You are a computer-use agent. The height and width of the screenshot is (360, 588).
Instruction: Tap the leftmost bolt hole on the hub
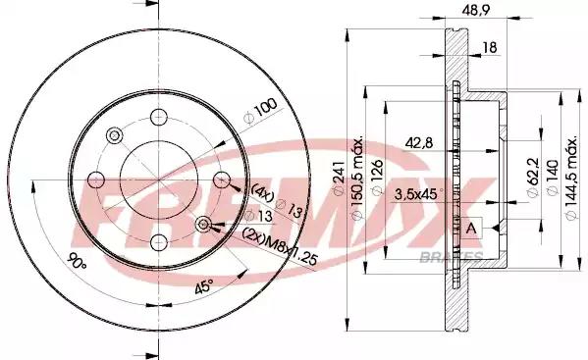(x=96, y=180)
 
